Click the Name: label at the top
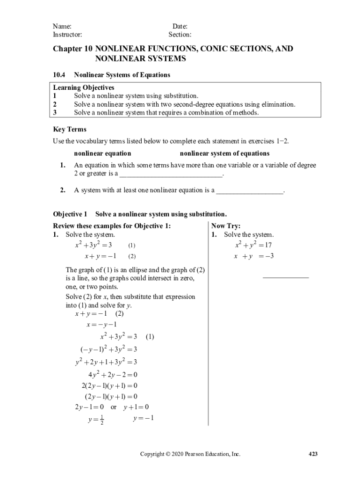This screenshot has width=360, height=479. [x=62, y=27]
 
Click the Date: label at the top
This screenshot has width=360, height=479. [x=180, y=27]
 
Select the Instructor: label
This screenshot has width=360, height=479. [x=67, y=35]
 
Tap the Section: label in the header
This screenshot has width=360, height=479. [x=180, y=35]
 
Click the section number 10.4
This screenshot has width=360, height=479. [x=59, y=75]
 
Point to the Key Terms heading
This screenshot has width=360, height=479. [x=69, y=130]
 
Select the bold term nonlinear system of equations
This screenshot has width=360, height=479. [x=224, y=153]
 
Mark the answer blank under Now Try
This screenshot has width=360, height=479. [x=286, y=278]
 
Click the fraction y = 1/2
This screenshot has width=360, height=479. [x=96, y=420]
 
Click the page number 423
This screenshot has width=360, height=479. [x=313, y=454]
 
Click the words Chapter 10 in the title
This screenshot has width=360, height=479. [x=72, y=49]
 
